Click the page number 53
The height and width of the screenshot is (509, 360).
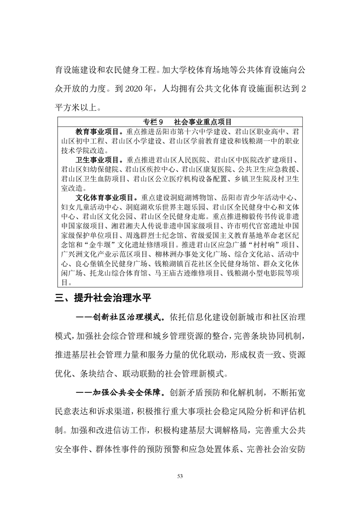[x=180, y=475]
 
